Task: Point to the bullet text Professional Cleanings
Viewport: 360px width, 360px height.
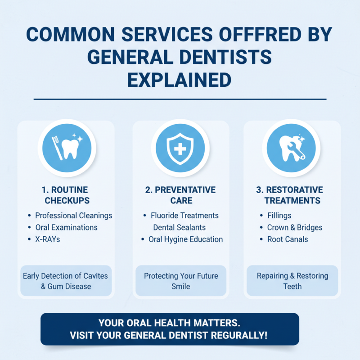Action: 74,216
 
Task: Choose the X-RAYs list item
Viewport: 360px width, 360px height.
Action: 48,239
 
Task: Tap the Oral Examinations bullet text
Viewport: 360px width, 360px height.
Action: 66,228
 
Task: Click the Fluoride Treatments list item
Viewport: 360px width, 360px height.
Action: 184,216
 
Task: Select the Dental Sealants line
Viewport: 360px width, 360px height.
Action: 179,228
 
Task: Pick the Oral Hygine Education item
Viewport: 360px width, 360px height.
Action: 185,239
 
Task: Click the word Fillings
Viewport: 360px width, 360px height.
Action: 279,216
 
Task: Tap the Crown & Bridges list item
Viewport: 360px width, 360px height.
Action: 295,228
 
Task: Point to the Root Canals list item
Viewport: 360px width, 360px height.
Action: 288,239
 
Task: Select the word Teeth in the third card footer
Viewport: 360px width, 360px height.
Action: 292,286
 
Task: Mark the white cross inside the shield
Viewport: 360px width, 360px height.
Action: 180,147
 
